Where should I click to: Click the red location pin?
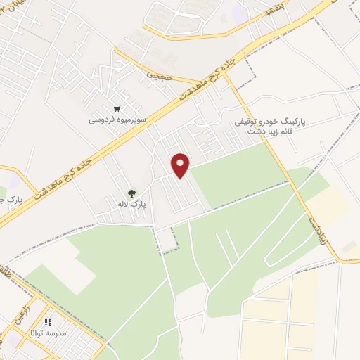181,165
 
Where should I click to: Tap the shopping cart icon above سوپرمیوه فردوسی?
117,109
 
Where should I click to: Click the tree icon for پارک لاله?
131,193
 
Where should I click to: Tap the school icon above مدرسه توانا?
48,322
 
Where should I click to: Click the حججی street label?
160,72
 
